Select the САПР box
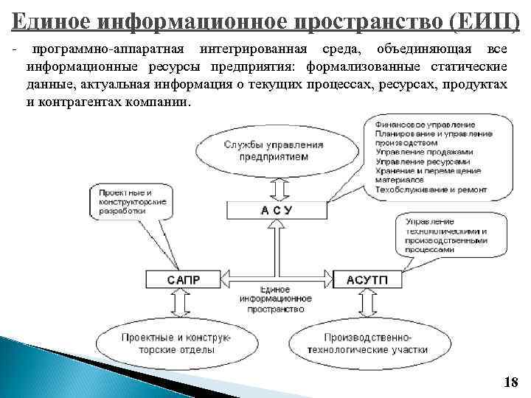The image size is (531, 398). point(182,280)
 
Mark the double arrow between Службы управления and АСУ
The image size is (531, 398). point(275,188)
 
